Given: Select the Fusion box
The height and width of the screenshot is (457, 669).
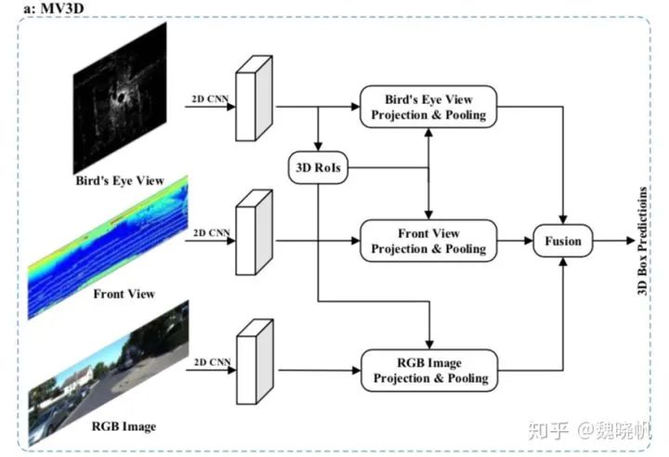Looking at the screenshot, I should [x=563, y=242].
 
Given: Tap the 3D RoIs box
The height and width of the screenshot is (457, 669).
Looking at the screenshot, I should [x=317, y=168].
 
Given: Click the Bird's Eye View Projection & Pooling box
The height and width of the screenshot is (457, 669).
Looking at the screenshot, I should [x=427, y=107].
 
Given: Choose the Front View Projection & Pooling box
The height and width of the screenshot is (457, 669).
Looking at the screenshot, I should [x=427, y=241].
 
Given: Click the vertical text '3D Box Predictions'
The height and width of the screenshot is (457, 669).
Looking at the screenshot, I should [x=641, y=241].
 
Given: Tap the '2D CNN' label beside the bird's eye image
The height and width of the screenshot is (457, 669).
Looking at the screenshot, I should [x=209, y=97].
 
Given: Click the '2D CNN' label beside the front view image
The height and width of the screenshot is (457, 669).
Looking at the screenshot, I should [x=209, y=230].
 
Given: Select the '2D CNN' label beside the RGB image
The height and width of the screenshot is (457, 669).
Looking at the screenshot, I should [x=209, y=359].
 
